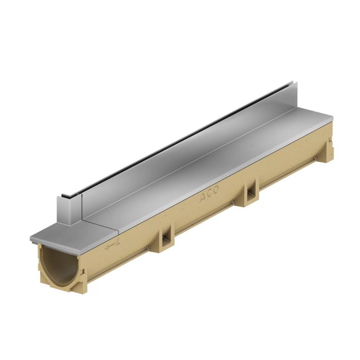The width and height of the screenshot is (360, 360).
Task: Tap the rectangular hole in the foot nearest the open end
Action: pos(169,238)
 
